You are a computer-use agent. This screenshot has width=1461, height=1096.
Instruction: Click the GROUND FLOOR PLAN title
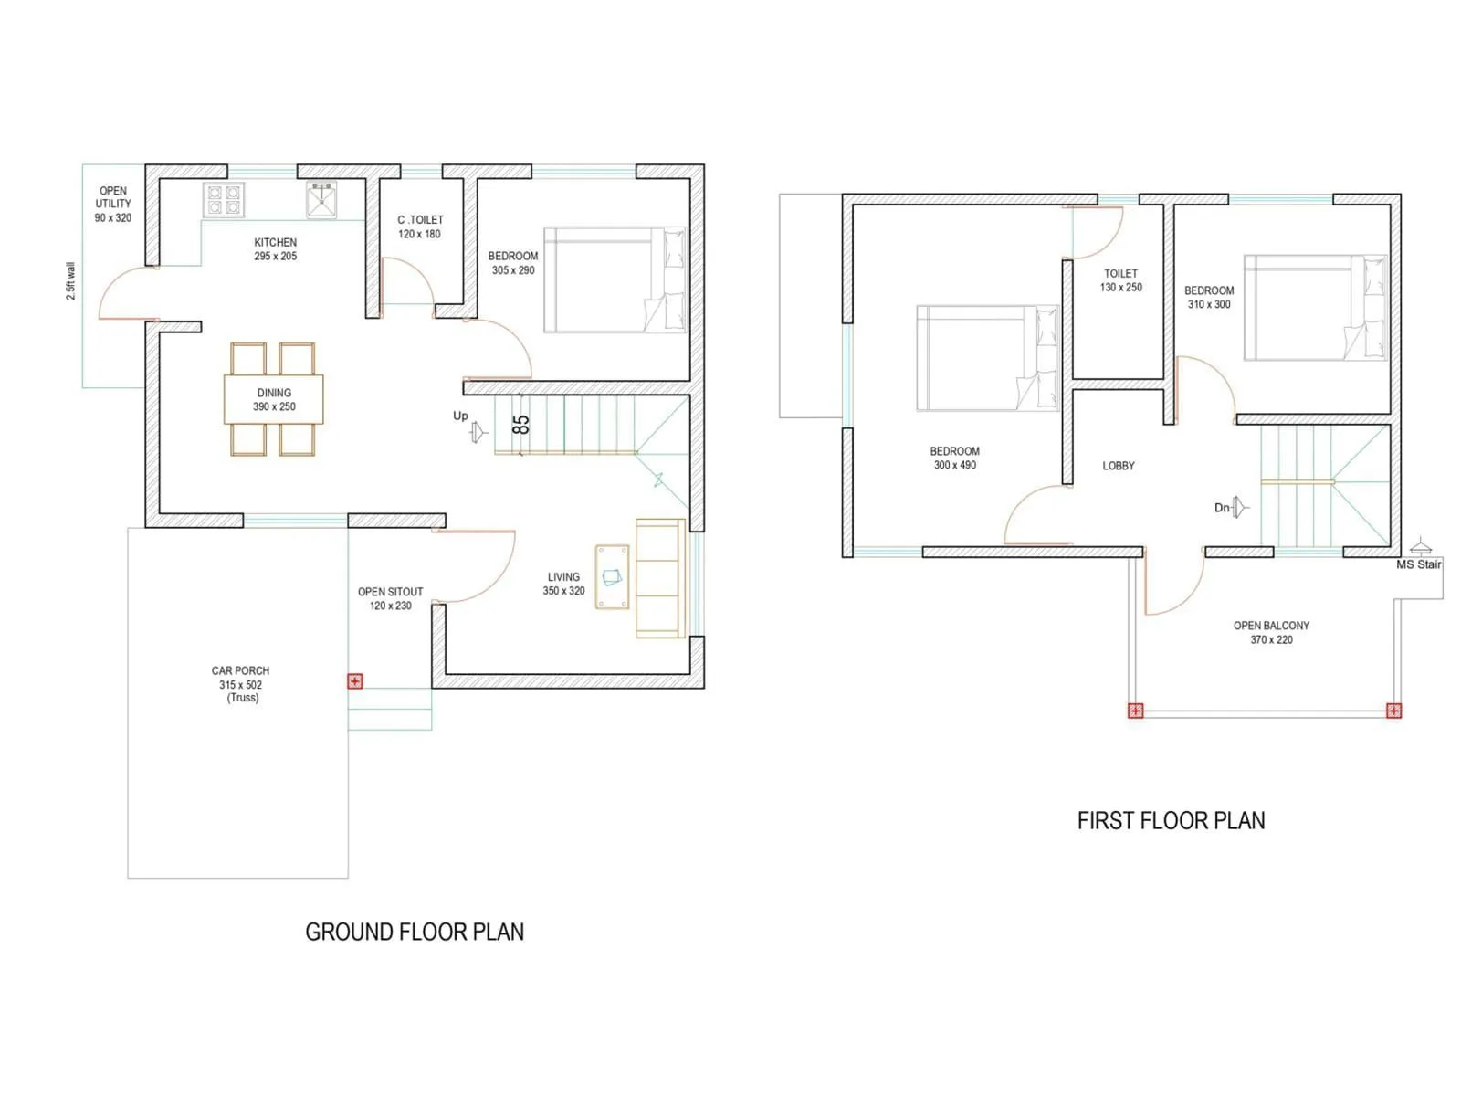[415, 933]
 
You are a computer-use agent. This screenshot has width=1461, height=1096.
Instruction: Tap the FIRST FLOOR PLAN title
[1171, 821]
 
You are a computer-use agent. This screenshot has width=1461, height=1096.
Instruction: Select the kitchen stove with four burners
[224, 200]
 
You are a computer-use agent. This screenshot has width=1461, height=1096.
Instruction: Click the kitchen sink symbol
[321, 200]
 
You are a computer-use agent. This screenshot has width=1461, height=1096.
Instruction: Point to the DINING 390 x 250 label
[274, 400]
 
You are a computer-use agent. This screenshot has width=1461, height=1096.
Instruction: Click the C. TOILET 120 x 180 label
[420, 227]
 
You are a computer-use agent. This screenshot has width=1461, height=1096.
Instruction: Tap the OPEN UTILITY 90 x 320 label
[113, 205]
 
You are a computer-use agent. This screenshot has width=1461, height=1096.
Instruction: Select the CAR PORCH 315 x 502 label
[241, 684]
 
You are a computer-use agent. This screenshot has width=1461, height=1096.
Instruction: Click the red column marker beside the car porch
[355, 681]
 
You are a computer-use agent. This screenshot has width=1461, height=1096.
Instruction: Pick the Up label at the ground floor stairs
[460, 416]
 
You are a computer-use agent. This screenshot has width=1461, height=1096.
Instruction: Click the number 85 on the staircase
[520, 425]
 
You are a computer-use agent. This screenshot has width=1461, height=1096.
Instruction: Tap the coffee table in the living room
[612, 576]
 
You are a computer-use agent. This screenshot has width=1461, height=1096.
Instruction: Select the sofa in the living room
[660, 578]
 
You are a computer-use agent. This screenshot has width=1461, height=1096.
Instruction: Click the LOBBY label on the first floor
[1119, 466]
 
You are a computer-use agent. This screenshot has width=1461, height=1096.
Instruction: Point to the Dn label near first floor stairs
[1222, 508]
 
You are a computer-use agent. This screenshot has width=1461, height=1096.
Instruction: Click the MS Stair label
[1418, 564]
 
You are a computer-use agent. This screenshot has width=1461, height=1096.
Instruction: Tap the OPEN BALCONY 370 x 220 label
[1271, 632]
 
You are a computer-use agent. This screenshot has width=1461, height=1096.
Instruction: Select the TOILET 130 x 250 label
[1121, 280]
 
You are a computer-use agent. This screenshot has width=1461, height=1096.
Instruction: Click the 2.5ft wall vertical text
[71, 281]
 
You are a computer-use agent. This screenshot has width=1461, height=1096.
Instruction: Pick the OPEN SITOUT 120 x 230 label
[391, 598]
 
